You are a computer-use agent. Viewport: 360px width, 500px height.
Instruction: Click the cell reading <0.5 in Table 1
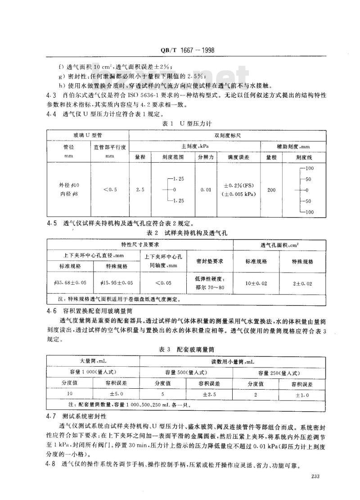pyautogui.click(x=110, y=190)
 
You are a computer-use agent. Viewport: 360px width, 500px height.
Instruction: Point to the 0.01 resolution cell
pyautogui.click(x=205, y=190)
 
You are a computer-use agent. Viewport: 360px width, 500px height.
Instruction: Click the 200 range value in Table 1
pyautogui.click(x=271, y=190)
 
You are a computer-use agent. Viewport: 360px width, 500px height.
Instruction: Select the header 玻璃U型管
pyautogui.click(x=88, y=135)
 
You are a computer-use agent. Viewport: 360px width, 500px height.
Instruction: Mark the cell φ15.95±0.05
pyautogui.click(x=117, y=284)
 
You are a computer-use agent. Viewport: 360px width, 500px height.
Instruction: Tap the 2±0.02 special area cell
pyautogui.click(x=302, y=284)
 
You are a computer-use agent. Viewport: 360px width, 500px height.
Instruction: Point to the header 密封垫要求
pyautogui.click(x=210, y=261)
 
